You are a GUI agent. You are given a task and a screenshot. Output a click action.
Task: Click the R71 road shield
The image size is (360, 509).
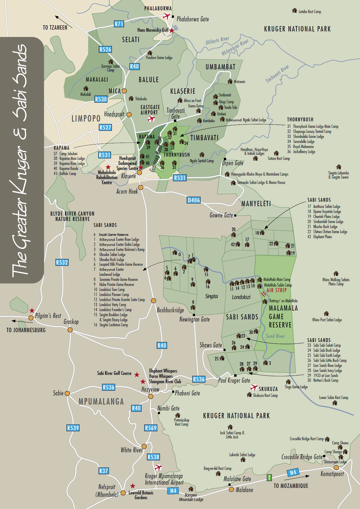pyautogui.click(x=119, y=24)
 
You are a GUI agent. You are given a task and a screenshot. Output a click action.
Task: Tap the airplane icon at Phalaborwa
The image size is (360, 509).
pyautogui.click(x=167, y=16)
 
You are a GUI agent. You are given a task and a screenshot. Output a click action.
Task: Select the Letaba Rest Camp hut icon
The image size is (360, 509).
pyautogui.click(x=294, y=11)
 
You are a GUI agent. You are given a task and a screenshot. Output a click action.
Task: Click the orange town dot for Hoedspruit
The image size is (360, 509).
pyautogui.click(x=129, y=114)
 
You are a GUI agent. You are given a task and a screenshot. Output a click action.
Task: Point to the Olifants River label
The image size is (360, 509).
pyautogui.click(x=217, y=40)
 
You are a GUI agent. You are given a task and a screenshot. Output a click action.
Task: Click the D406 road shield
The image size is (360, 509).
pyautogui.click(x=194, y=200)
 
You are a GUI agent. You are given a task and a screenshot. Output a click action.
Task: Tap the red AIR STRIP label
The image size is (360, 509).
pyautogui.click(x=276, y=290)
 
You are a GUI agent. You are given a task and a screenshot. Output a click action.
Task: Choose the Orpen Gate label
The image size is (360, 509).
pyautogui.click(x=233, y=163)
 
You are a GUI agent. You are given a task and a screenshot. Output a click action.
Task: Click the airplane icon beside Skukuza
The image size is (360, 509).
pyautogui.click(x=254, y=387)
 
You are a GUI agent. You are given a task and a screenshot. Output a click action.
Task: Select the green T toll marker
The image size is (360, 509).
pyautogui.click(x=269, y=478)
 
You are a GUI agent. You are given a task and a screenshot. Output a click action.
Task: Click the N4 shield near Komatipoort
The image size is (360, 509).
pyautogui.click(x=293, y=473)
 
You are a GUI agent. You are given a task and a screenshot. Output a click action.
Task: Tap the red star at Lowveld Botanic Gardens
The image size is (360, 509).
pyautogui.click(x=133, y=486)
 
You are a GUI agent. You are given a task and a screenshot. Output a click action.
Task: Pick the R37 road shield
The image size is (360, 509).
pyautogui.click(x=104, y=471)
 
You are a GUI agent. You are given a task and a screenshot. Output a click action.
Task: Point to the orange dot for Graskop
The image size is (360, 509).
pyautogui.click(x=70, y=330)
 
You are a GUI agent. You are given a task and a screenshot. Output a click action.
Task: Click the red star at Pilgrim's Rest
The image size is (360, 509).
pyautogui.click(x=32, y=311)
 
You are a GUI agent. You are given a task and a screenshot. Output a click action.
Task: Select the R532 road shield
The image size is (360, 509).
pyautogui.click(x=62, y=263)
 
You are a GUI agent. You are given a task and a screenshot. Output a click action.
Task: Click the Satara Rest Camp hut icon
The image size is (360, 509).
pyautogui.click(x=276, y=153)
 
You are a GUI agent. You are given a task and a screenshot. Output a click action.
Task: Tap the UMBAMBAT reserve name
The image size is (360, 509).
pyautogui.click(x=221, y=67)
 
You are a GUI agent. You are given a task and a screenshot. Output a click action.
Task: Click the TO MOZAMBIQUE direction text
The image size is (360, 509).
pyautogui.click(x=291, y=486)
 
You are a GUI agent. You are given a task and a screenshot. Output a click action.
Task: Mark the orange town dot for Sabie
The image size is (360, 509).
pyautogui.click(x=67, y=393)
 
